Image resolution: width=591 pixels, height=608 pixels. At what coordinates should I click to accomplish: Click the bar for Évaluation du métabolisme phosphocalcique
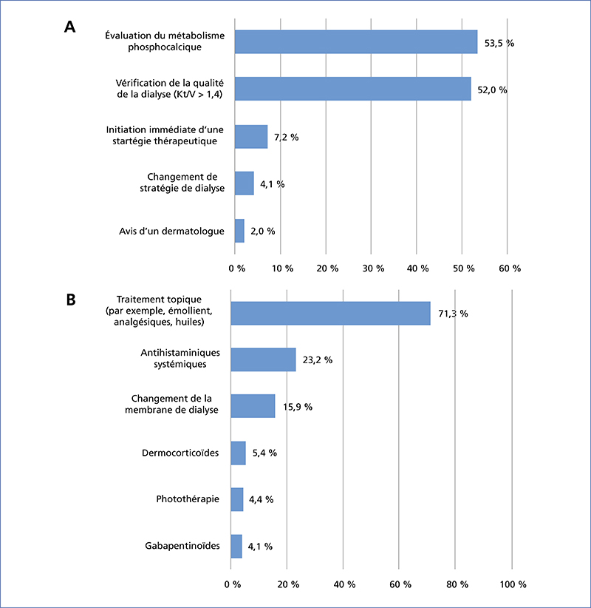[356, 42]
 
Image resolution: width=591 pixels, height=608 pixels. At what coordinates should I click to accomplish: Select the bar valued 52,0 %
[353, 89]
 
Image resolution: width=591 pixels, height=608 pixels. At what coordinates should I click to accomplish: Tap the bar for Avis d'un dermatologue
[239, 231]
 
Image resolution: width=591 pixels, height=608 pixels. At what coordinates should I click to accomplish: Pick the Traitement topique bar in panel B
[330, 314]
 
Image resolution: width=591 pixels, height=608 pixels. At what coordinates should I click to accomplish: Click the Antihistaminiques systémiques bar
[263, 359]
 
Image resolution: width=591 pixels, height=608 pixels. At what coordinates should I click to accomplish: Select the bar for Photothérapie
[237, 499]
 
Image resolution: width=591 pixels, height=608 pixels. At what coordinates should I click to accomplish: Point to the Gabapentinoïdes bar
[236, 547]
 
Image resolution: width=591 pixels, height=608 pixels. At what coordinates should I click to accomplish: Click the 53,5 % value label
[499, 43]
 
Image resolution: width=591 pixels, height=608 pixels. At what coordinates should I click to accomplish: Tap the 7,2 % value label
[286, 138]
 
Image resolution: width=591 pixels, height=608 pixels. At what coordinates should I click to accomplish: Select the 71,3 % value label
[453, 314]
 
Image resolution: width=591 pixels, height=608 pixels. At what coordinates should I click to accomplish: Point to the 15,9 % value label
[298, 407]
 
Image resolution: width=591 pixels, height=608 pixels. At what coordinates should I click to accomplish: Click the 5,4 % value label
[264, 453]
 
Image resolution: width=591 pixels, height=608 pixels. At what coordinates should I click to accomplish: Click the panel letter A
[69, 27]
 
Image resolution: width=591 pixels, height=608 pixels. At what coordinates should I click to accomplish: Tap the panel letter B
[71, 300]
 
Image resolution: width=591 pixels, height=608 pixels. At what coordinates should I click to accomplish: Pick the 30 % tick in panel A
[373, 268]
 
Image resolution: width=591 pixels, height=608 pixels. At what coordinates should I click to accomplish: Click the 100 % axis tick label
[513, 584]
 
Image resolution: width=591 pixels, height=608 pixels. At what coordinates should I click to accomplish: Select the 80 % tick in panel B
[457, 584]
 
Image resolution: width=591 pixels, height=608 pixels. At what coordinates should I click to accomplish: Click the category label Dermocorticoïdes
[180, 453]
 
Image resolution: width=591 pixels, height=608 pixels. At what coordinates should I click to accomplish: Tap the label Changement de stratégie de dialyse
[182, 182]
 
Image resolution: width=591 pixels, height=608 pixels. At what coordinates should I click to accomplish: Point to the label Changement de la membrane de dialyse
[171, 404]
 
